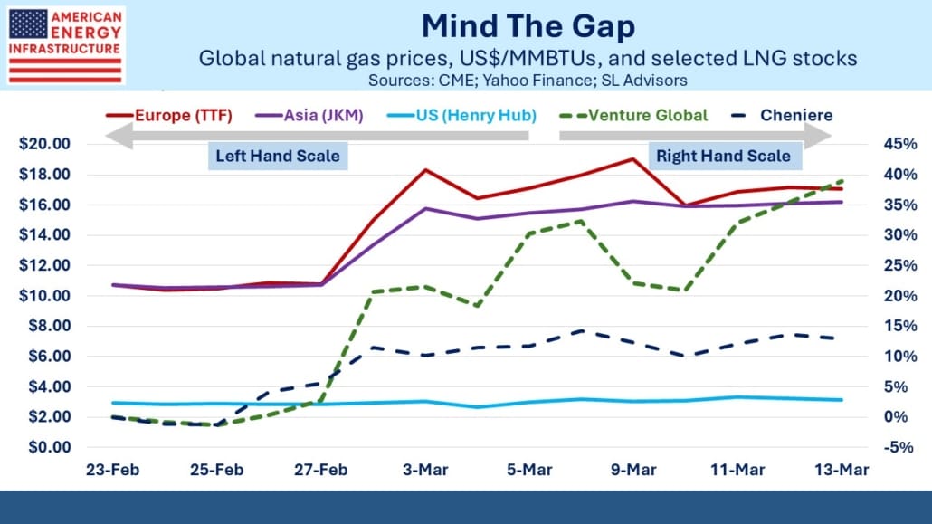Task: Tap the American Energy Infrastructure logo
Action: pyautogui.click(x=66, y=45)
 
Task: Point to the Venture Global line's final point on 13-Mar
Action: pyautogui.click(x=842, y=181)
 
